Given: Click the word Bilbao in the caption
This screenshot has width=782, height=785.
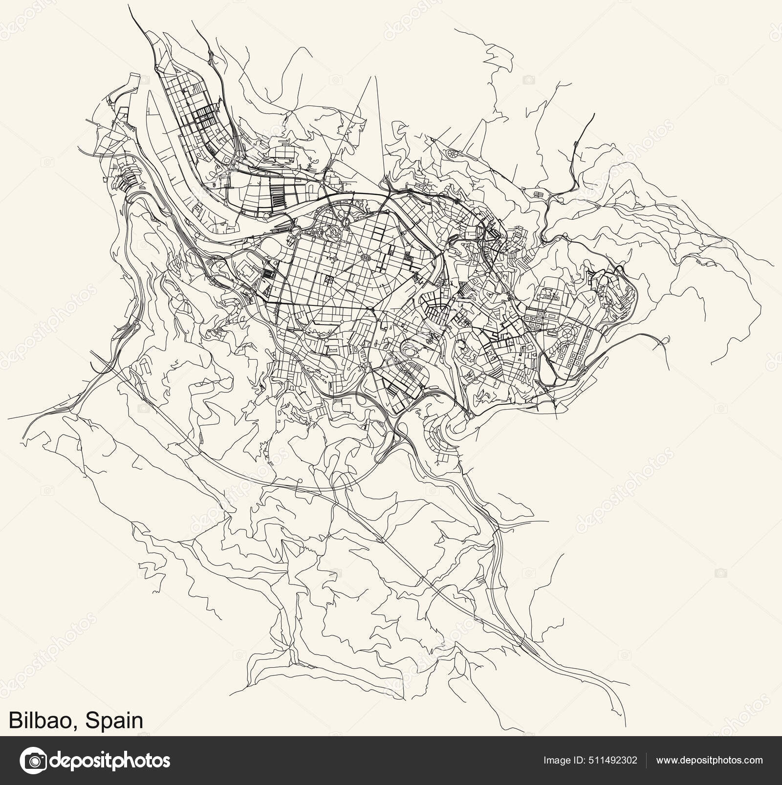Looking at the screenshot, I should [42, 721].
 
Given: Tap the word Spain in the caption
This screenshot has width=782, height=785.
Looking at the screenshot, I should [114, 721].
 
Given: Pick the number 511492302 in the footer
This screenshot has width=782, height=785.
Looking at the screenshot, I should [614, 761].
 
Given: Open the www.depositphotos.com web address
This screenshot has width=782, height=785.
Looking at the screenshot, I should [709, 761].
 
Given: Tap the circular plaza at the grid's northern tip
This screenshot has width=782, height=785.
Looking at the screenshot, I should [346, 222].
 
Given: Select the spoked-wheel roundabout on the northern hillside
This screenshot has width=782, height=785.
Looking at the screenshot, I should [451, 153].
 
